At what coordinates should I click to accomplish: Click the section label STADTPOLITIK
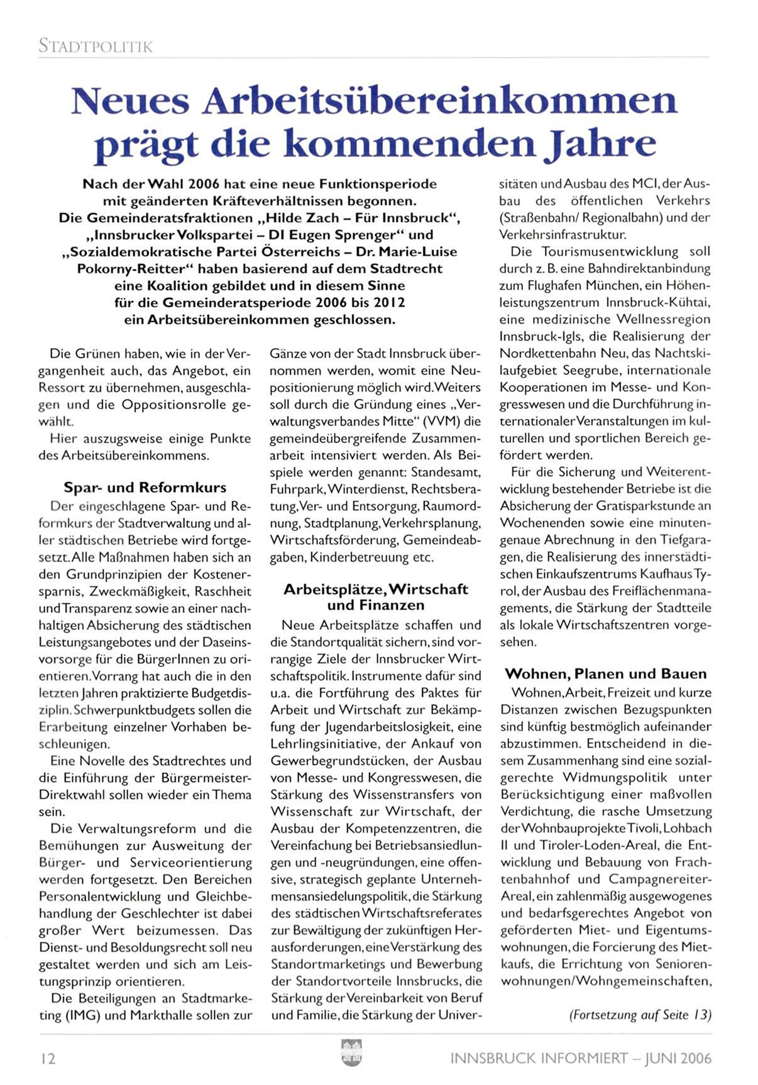(x=96, y=46)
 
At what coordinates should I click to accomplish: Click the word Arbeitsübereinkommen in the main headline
(x=439, y=101)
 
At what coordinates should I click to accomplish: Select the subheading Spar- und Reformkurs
(x=145, y=488)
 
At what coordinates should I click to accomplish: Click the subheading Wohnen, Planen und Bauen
(x=606, y=673)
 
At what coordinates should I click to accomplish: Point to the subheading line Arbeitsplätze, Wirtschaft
(x=375, y=589)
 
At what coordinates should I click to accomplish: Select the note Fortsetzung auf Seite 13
(x=640, y=1015)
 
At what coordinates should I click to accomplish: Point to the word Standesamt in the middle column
(x=448, y=472)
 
